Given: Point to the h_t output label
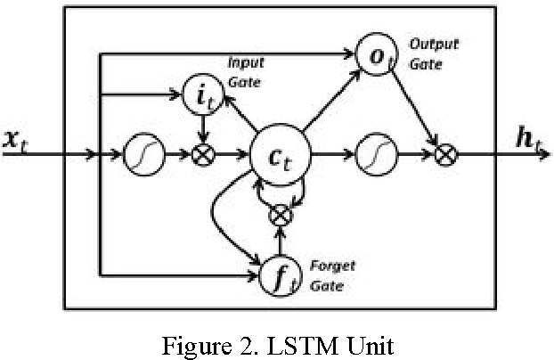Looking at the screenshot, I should click(x=533, y=139).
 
